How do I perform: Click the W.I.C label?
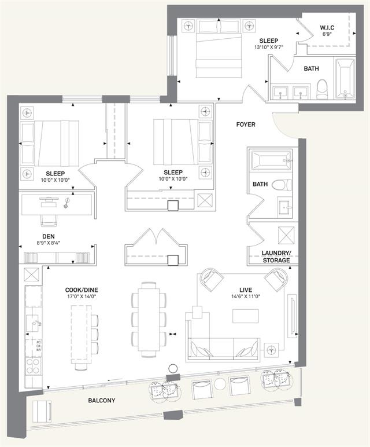tap(327, 28)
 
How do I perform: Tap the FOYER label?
tap(246, 124)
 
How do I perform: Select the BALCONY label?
tap(102, 400)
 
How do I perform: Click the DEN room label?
tap(49, 236)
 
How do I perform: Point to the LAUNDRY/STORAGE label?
tap(276, 257)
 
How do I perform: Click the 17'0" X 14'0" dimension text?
tap(82, 296)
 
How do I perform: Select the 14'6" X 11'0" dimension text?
tap(246, 296)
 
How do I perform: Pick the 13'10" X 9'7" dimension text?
tap(269, 47)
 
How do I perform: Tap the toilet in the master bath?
tap(322, 89)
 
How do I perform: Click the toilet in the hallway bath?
tap(282, 185)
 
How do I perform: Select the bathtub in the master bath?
tap(345, 79)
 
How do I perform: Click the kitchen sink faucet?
tap(37, 323)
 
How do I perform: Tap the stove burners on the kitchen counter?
tap(33, 366)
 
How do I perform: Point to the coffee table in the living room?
tap(245, 316)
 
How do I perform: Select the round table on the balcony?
tap(220, 384)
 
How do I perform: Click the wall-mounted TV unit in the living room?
tap(293, 316)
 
